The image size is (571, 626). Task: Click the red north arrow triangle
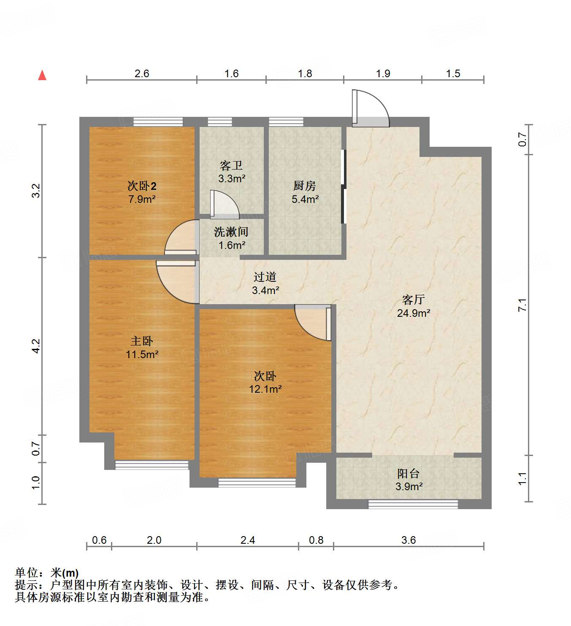[42, 75]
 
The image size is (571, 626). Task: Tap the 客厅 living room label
[413, 300]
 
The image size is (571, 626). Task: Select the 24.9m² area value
[413, 313]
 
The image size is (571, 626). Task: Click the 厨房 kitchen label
[305, 186]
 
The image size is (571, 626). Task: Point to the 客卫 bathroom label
[231, 165]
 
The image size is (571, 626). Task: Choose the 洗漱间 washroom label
[231, 232]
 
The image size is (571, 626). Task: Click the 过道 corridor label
[265, 277]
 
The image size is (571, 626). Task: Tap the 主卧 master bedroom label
[142, 341]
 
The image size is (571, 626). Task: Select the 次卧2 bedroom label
[142, 186]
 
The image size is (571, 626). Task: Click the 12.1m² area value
[265, 389]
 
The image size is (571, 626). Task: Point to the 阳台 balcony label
[409, 473]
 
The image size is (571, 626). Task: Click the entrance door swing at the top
[370, 109]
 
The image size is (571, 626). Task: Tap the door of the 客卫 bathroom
[224, 205]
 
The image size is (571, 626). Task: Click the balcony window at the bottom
[413, 504]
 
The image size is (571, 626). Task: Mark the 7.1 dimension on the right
[522, 305]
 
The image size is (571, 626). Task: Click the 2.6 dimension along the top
[142, 73]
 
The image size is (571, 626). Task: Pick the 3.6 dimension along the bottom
[409, 540]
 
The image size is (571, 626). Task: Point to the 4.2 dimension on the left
[36, 346]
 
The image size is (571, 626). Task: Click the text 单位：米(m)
[47, 573]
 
